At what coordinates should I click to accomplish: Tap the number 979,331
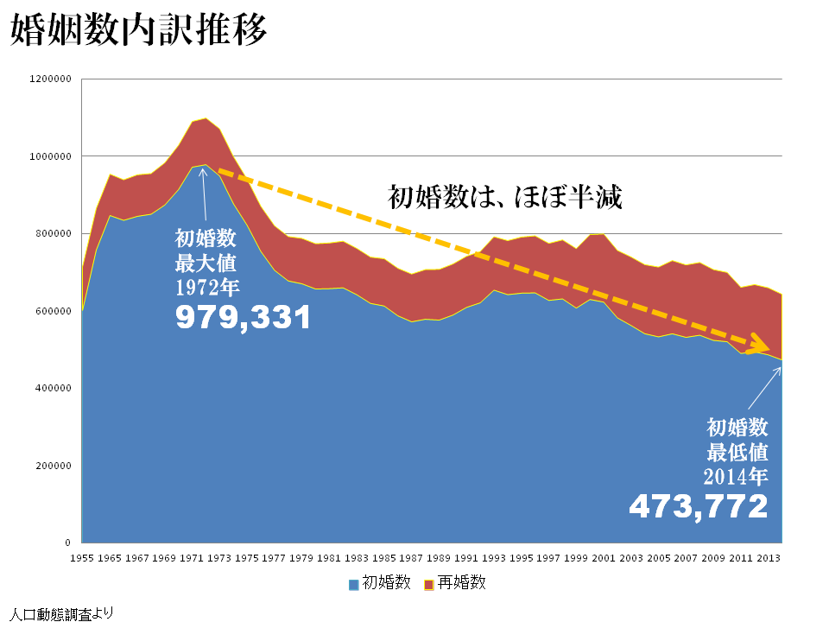coord(243,319)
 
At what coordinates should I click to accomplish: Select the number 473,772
coord(698,506)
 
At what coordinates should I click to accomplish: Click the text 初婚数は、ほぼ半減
coord(505,197)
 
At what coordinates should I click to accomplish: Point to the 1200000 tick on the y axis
coord(50,79)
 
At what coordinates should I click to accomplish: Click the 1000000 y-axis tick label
coord(50,156)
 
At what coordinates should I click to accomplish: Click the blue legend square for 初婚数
coord(354,585)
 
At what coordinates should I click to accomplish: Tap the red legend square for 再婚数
coord(429,585)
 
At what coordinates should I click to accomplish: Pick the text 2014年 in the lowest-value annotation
coord(736,474)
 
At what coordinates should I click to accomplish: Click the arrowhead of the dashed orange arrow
coord(771,347)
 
